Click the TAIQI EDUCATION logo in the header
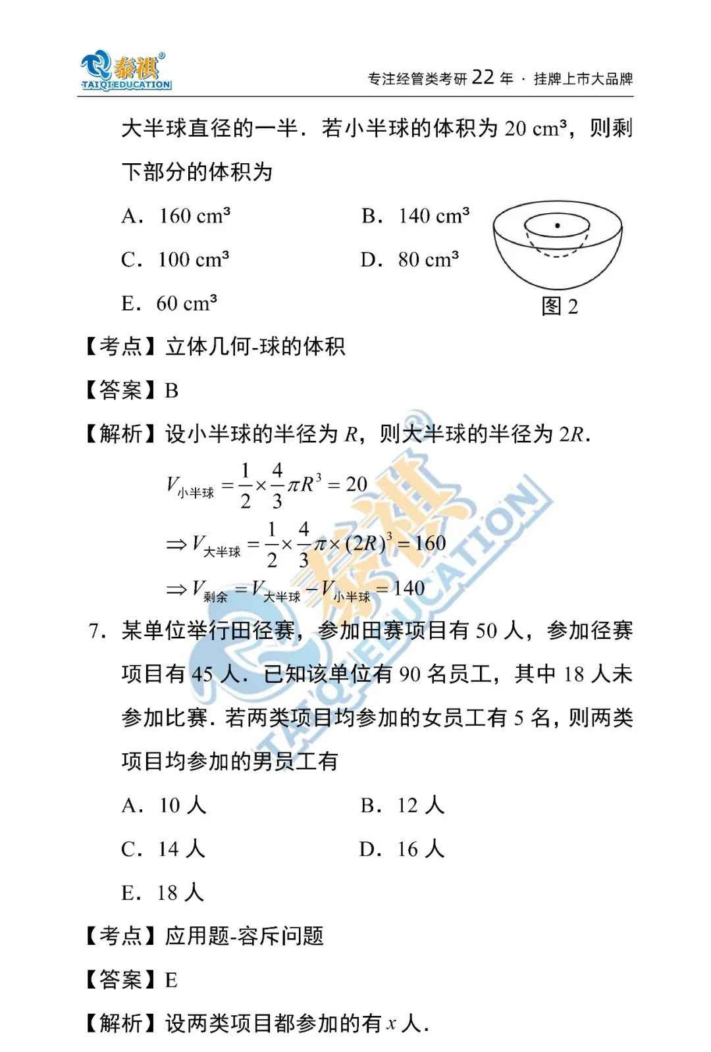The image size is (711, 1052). click(x=126, y=71)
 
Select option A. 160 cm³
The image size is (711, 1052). click(x=176, y=216)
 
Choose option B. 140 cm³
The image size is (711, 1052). click(x=415, y=216)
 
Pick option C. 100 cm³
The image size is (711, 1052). click(x=175, y=259)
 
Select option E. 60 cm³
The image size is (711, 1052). click(x=169, y=303)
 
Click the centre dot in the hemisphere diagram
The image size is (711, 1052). click(x=558, y=226)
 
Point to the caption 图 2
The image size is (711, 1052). click(x=560, y=306)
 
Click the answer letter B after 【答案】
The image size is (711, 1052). click(x=172, y=391)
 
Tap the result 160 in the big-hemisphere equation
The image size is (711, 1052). click(x=431, y=543)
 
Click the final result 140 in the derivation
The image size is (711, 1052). click(x=409, y=588)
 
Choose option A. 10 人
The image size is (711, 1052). click(x=164, y=805)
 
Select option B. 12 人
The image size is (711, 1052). click(x=402, y=805)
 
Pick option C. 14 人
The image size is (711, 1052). click(x=163, y=849)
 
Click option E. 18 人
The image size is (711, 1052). click(x=163, y=893)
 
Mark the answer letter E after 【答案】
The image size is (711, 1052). click(x=171, y=980)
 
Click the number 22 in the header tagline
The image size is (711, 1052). click(x=483, y=78)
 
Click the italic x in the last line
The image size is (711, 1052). click(x=392, y=1024)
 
